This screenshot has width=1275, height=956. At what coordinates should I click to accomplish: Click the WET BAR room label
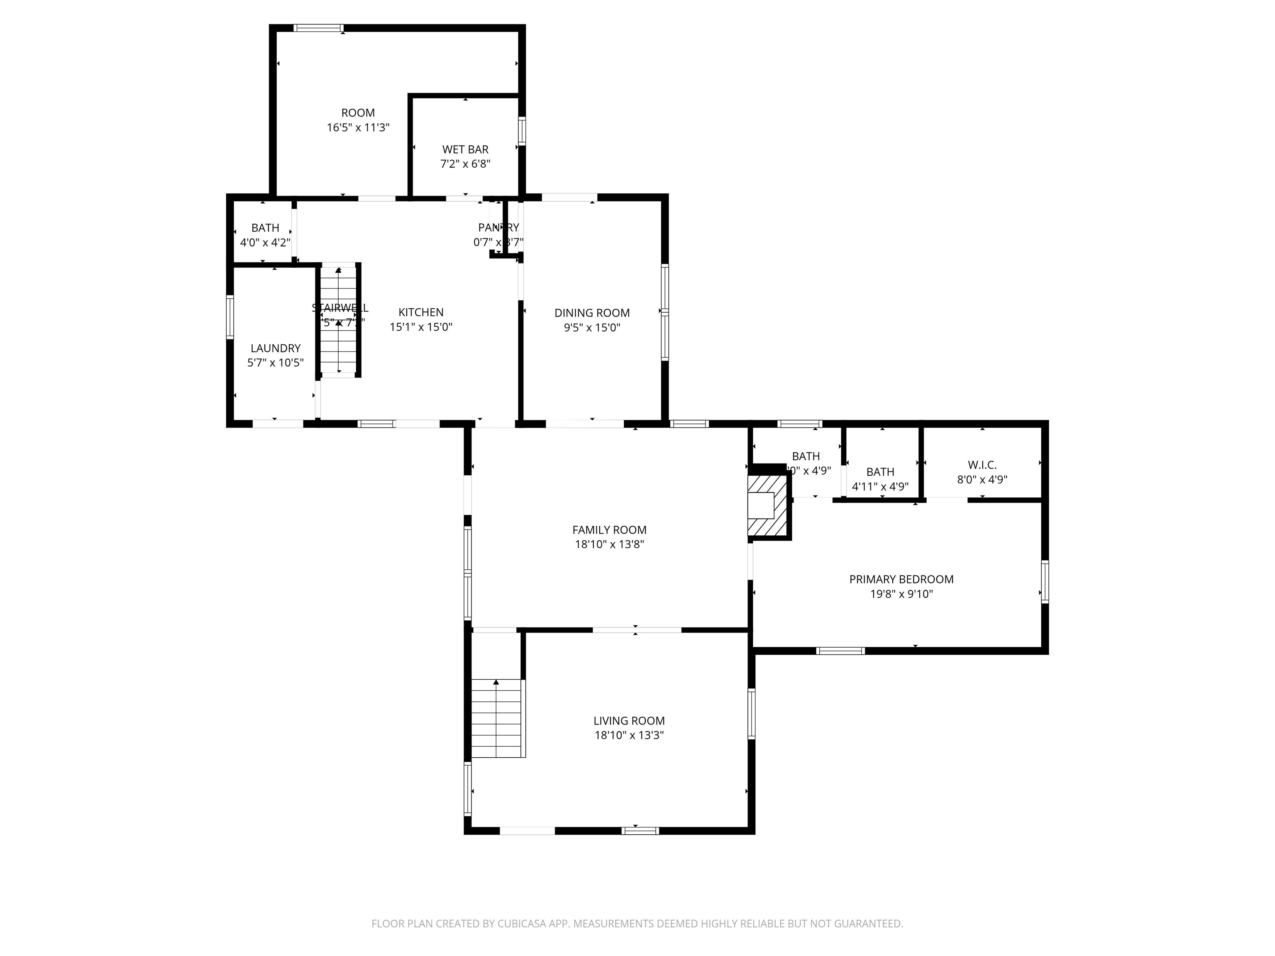(x=465, y=149)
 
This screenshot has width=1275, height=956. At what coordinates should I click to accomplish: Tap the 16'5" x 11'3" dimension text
(x=358, y=127)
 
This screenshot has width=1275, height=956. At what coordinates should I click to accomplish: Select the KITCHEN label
(x=421, y=312)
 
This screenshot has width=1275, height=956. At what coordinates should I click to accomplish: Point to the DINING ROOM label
(x=592, y=313)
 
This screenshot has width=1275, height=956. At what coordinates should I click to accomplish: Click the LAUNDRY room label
(x=276, y=348)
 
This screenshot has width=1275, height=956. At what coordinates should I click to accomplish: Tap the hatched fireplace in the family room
(x=767, y=506)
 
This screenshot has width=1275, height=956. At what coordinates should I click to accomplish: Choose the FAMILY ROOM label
(x=609, y=529)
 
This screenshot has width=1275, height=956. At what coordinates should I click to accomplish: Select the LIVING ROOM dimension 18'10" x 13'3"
(x=630, y=735)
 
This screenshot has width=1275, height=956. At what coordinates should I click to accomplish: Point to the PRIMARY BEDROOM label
(x=901, y=579)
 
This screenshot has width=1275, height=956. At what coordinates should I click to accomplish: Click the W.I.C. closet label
(x=982, y=464)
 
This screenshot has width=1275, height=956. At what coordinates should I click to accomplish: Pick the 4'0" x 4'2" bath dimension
(x=265, y=243)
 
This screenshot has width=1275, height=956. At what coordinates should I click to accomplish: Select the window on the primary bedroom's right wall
(x=1044, y=581)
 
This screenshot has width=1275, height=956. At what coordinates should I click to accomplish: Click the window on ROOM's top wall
(x=318, y=28)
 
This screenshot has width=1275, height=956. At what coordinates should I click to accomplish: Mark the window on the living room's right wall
(x=751, y=713)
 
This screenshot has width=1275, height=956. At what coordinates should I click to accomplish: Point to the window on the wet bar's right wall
(x=522, y=131)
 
